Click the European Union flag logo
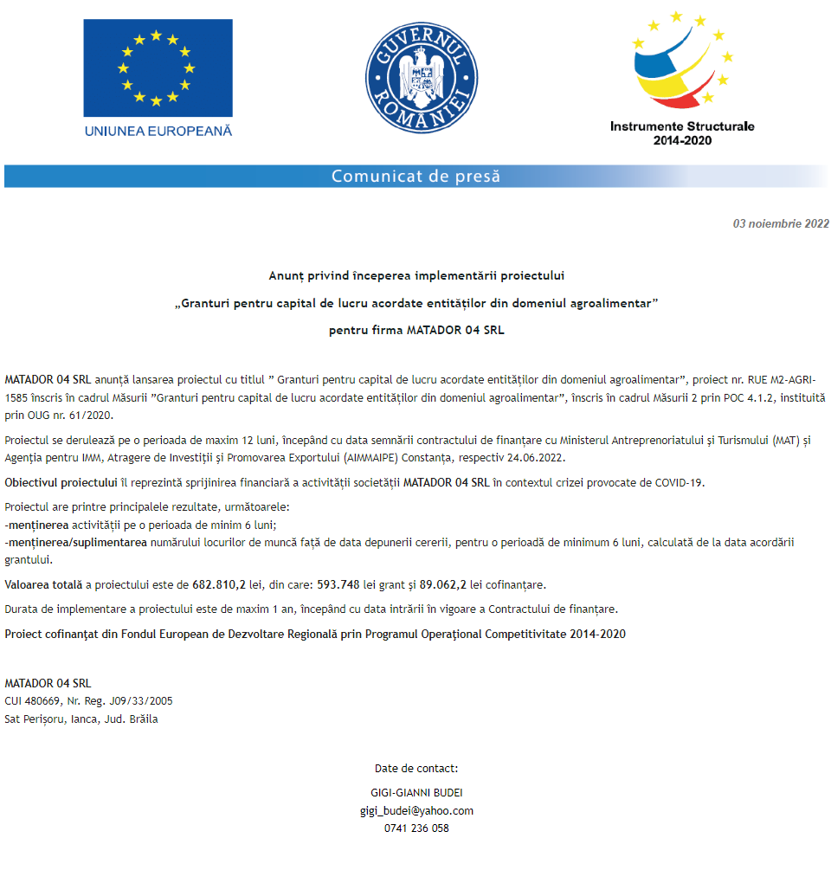158,68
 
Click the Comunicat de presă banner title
415,177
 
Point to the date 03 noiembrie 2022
781,223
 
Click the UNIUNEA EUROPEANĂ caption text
158,131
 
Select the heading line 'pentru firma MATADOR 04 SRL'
416,330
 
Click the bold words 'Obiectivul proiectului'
60,482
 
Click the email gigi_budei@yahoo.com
416,811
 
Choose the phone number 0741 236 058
416,828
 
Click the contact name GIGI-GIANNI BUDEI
416,793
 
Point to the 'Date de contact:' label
416,768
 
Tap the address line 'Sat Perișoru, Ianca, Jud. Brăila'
81,719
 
